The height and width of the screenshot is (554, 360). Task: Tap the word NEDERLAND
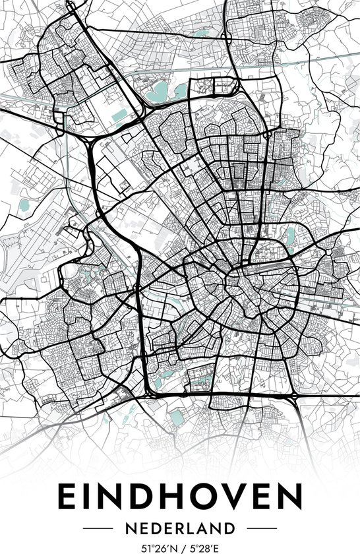[x=180, y=528]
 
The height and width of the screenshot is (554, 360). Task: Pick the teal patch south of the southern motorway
[x=176, y=417]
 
